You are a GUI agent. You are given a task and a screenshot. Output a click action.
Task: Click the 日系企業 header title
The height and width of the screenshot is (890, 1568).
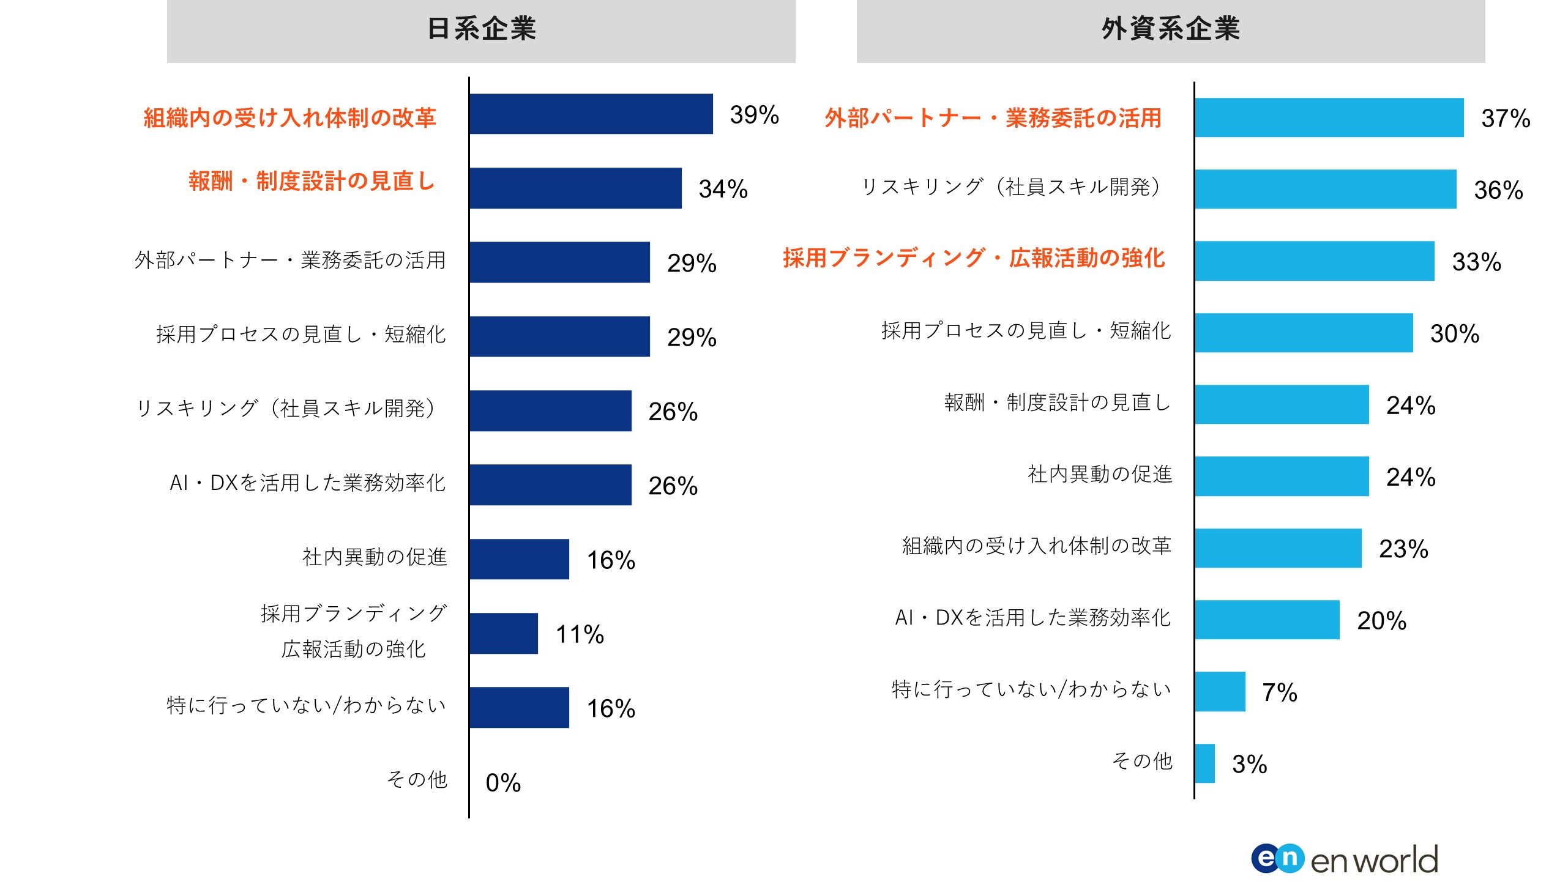coord(481,29)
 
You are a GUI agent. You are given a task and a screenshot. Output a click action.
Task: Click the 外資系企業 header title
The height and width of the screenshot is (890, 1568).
coord(1170,29)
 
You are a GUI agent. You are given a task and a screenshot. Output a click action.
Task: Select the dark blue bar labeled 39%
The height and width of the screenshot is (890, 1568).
coord(591,114)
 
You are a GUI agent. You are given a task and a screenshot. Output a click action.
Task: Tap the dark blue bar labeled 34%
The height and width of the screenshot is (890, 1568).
coord(575,188)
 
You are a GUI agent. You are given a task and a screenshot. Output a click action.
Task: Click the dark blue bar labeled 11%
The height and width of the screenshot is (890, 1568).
coord(504,634)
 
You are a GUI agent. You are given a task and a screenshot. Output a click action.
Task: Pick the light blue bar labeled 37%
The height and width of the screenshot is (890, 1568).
coord(1329,117)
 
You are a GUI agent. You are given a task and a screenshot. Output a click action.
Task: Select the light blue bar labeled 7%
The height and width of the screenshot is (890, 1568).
coord(1220,692)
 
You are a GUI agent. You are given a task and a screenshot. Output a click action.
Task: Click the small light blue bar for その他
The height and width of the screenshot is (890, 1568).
coord(1205,763)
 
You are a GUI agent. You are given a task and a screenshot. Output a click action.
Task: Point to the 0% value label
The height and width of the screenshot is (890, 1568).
coord(503,783)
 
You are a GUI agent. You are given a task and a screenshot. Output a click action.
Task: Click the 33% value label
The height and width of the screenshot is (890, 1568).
coord(1476,262)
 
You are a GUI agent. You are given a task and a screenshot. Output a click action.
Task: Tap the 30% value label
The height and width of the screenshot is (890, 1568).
coord(1454,333)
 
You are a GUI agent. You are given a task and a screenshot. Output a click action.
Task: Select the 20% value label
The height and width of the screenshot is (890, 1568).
coord(1381,620)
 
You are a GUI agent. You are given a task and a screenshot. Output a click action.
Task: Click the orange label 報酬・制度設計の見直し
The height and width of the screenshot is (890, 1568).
coord(312,181)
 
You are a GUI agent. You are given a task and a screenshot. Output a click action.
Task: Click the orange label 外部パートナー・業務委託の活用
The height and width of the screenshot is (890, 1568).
coord(993,117)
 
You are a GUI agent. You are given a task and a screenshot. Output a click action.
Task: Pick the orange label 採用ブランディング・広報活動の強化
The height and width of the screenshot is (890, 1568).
coord(973,258)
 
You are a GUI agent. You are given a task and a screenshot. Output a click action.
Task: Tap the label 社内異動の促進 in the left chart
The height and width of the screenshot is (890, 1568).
coord(375,557)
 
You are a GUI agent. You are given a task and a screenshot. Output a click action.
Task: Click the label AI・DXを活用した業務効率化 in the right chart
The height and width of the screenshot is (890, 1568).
coord(1032,618)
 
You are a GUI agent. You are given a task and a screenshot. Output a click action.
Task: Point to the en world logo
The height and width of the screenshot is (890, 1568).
coord(1344,859)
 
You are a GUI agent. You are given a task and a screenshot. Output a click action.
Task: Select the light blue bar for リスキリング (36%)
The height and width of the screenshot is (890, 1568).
coord(1325,189)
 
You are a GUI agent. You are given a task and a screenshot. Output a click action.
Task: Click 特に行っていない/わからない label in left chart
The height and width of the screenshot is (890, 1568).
coord(306,705)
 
